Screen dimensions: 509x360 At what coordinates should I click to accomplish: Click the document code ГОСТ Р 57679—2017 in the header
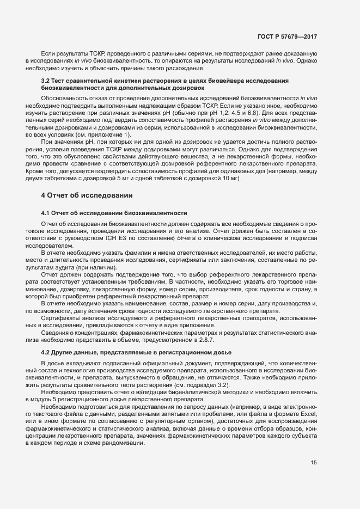click(288, 36)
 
